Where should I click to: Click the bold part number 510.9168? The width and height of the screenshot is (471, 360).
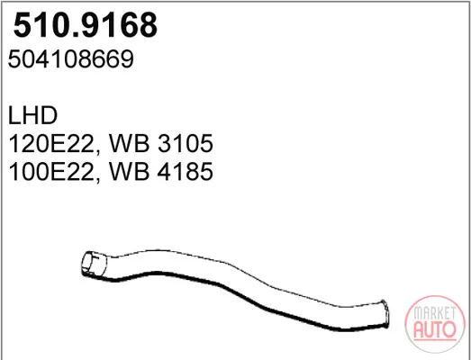(x=86, y=24)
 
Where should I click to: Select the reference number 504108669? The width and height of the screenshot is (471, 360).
(x=70, y=59)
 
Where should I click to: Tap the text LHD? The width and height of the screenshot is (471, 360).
(x=32, y=115)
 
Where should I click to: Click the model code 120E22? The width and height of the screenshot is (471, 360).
(x=51, y=143)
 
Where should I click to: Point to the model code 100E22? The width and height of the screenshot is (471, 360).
(x=51, y=171)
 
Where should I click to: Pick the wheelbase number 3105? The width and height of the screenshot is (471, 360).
(x=186, y=143)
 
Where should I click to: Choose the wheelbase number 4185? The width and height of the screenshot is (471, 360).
(x=186, y=171)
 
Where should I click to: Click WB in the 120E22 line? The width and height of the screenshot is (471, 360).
(x=129, y=143)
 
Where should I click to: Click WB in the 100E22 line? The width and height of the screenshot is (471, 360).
(x=129, y=171)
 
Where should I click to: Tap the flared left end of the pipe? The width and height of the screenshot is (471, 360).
(x=94, y=265)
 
